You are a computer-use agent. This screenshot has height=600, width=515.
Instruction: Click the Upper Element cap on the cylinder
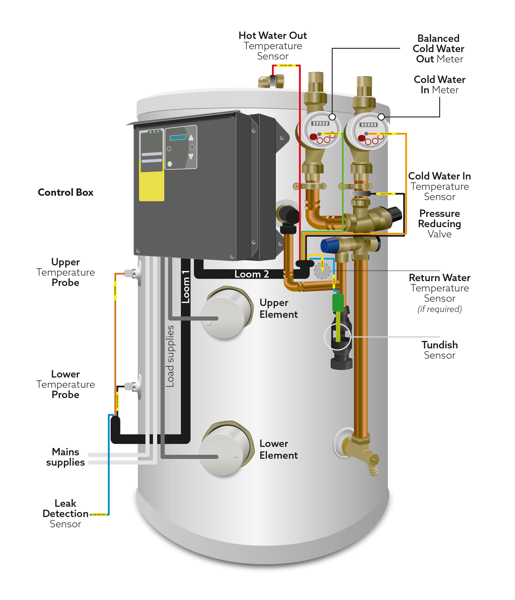click(226, 313)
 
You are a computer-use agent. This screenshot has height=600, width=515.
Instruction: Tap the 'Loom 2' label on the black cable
click(251, 274)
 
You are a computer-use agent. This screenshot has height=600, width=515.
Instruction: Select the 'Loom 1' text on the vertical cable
click(186, 287)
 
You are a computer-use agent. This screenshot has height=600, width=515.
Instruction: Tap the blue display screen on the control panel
click(178, 137)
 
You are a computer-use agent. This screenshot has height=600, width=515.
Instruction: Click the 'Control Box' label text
click(66, 192)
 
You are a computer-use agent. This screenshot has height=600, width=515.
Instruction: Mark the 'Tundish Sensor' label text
click(439, 350)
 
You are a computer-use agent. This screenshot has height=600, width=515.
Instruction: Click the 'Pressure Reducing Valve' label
click(439, 224)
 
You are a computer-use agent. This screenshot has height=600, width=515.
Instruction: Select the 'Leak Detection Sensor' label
click(66, 513)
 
